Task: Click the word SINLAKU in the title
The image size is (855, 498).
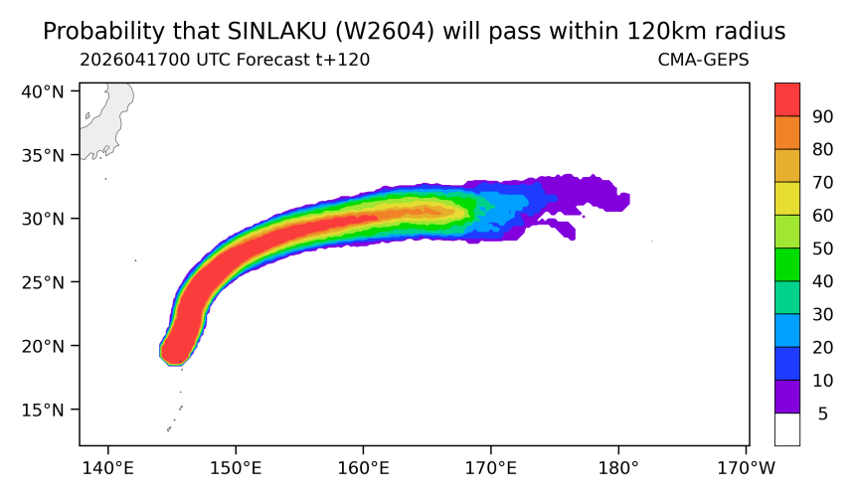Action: tap(276, 32)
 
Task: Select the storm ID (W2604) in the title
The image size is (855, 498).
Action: tap(385, 32)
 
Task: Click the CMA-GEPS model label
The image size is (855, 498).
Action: tap(704, 60)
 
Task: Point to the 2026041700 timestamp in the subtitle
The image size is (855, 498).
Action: tap(135, 60)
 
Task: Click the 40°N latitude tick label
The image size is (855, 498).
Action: tap(43, 91)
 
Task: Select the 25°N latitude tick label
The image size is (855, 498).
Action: tap(43, 282)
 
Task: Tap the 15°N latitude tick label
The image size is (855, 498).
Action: tap(43, 410)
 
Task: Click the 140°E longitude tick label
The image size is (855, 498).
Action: tap(108, 468)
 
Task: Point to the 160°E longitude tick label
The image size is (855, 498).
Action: tap(363, 468)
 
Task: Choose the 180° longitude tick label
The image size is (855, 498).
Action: tap(618, 468)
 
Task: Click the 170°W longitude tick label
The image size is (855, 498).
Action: tap(746, 468)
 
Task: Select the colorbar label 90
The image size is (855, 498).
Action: tap(822, 116)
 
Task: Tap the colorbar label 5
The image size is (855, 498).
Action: tap(823, 414)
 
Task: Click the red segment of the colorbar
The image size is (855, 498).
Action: tap(787, 99)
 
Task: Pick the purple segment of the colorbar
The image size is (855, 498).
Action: tap(787, 397)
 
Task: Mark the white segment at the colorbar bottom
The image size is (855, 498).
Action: tap(787, 429)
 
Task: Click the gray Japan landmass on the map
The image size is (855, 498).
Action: tap(109, 114)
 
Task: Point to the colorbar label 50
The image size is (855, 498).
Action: tap(822, 249)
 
